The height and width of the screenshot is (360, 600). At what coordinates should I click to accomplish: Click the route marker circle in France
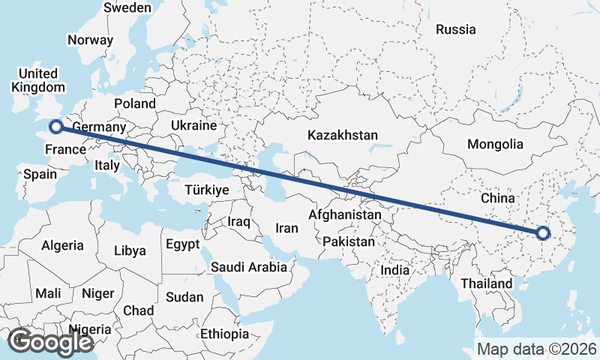(x=55, y=127)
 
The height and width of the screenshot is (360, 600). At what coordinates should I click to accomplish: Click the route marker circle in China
(x=544, y=234)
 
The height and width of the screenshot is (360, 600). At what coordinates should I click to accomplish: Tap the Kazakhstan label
(x=341, y=136)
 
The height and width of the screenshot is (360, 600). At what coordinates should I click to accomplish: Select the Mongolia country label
(x=494, y=144)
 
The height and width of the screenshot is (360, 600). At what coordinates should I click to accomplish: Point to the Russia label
(x=455, y=30)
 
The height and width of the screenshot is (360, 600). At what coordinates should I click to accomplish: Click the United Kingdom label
(x=37, y=80)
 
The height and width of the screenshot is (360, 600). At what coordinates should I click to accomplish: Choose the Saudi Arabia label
(x=249, y=266)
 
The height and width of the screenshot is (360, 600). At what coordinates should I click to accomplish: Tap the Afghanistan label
(x=345, y=214)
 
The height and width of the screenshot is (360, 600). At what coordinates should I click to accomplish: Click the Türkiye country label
(x=206, y=190)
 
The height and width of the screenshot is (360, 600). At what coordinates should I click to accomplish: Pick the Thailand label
(x=486, y=283)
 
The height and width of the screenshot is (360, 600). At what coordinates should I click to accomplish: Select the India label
(x=395, y=270)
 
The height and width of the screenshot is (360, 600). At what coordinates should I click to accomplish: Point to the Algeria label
(x=63, y=245)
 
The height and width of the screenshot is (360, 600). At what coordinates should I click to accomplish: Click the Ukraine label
(x=193, y=125)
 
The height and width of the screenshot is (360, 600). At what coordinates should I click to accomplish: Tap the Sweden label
(x=127, y=7)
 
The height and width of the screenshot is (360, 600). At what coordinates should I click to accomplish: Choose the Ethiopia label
(x=224, y=334)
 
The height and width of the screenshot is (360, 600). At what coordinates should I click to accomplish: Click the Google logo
(x=50, y=342)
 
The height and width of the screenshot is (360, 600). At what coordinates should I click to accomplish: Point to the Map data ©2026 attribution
(x=536, y=349)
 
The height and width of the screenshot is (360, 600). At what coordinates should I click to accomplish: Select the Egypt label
(x=182, y=244)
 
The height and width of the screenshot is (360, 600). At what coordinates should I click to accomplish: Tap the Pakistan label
(x=349, y=242)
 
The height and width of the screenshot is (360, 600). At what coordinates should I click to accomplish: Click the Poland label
(x=135, y=103)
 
